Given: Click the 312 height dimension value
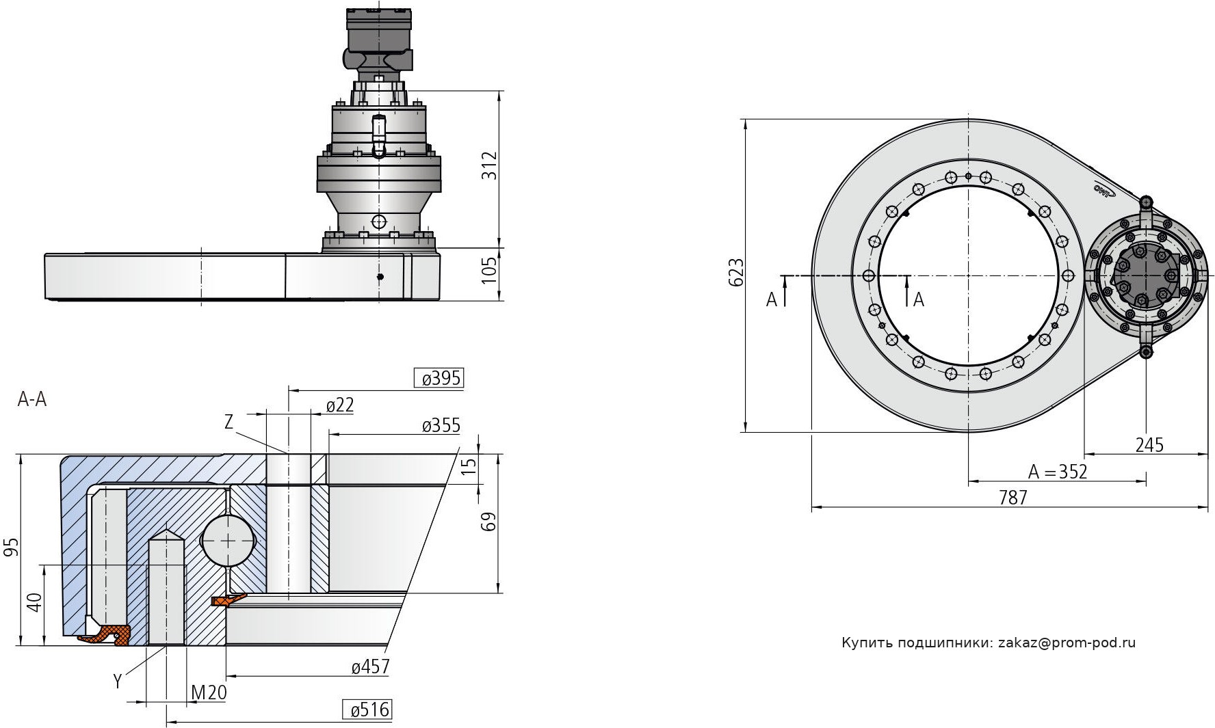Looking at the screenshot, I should coord(489,165).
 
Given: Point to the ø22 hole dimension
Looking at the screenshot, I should coord(339,406).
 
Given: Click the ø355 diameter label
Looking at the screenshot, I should coord(441,426).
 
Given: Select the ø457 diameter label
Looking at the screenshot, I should coord(370,666).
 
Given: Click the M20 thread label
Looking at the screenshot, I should coord(209,693).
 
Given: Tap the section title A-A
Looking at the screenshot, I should coord(31,400).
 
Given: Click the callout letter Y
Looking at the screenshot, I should coord(118,681).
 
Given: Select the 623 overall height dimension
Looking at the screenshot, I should coord(736,273).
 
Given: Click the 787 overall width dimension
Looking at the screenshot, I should coord(1012,498).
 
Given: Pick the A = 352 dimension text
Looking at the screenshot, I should coord(1057,472).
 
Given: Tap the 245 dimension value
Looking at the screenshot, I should coord(1149,445).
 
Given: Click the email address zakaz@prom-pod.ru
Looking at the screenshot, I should coord(1067,643).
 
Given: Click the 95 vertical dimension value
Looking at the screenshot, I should coord(10,547).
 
